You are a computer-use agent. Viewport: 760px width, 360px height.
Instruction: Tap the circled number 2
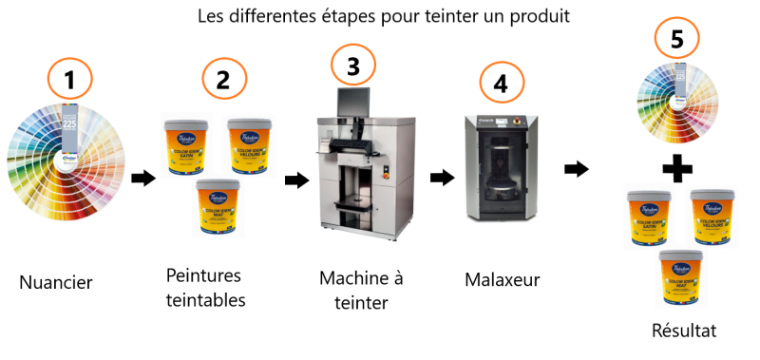coord(223,79)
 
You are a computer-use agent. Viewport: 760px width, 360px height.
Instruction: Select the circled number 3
coord(353,66)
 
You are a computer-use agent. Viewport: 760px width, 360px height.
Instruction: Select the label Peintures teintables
coord(203,288)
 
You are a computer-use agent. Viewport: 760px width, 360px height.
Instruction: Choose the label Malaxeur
coord(503,280)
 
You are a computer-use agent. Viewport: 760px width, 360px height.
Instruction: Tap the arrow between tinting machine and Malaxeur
coord(442,177)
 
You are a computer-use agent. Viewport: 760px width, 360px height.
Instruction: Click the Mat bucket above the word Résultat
coord(678,275)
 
